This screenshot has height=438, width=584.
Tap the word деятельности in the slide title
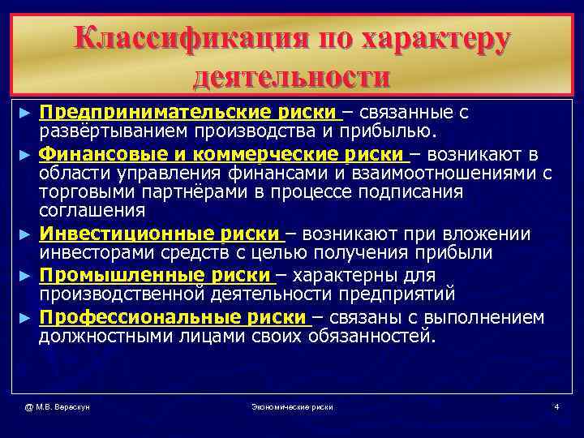tap(292, 77)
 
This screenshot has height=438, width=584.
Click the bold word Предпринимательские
tap(151, 111)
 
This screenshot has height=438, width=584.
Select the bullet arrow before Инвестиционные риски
tap(28, 235)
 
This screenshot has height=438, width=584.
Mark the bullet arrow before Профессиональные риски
tap(28, 317)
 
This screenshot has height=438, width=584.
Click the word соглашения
tap(92, 212)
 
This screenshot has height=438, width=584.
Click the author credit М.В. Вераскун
tap(57, 406)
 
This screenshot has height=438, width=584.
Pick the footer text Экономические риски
tap(292, 406)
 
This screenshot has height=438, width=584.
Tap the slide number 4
tap(556, 406)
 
